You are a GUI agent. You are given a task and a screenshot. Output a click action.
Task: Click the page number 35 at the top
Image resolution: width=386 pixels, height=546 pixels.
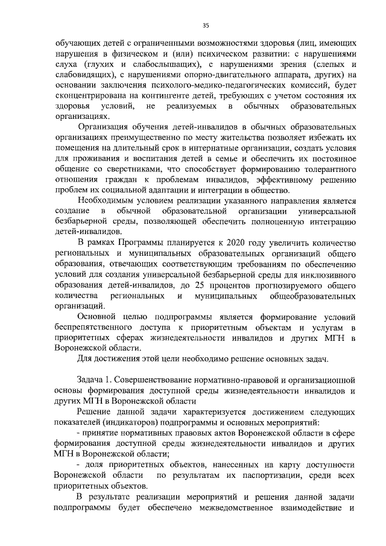tap(205, 25)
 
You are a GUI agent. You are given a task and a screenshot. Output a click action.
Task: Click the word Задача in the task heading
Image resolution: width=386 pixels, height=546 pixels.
tap(92, 381)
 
